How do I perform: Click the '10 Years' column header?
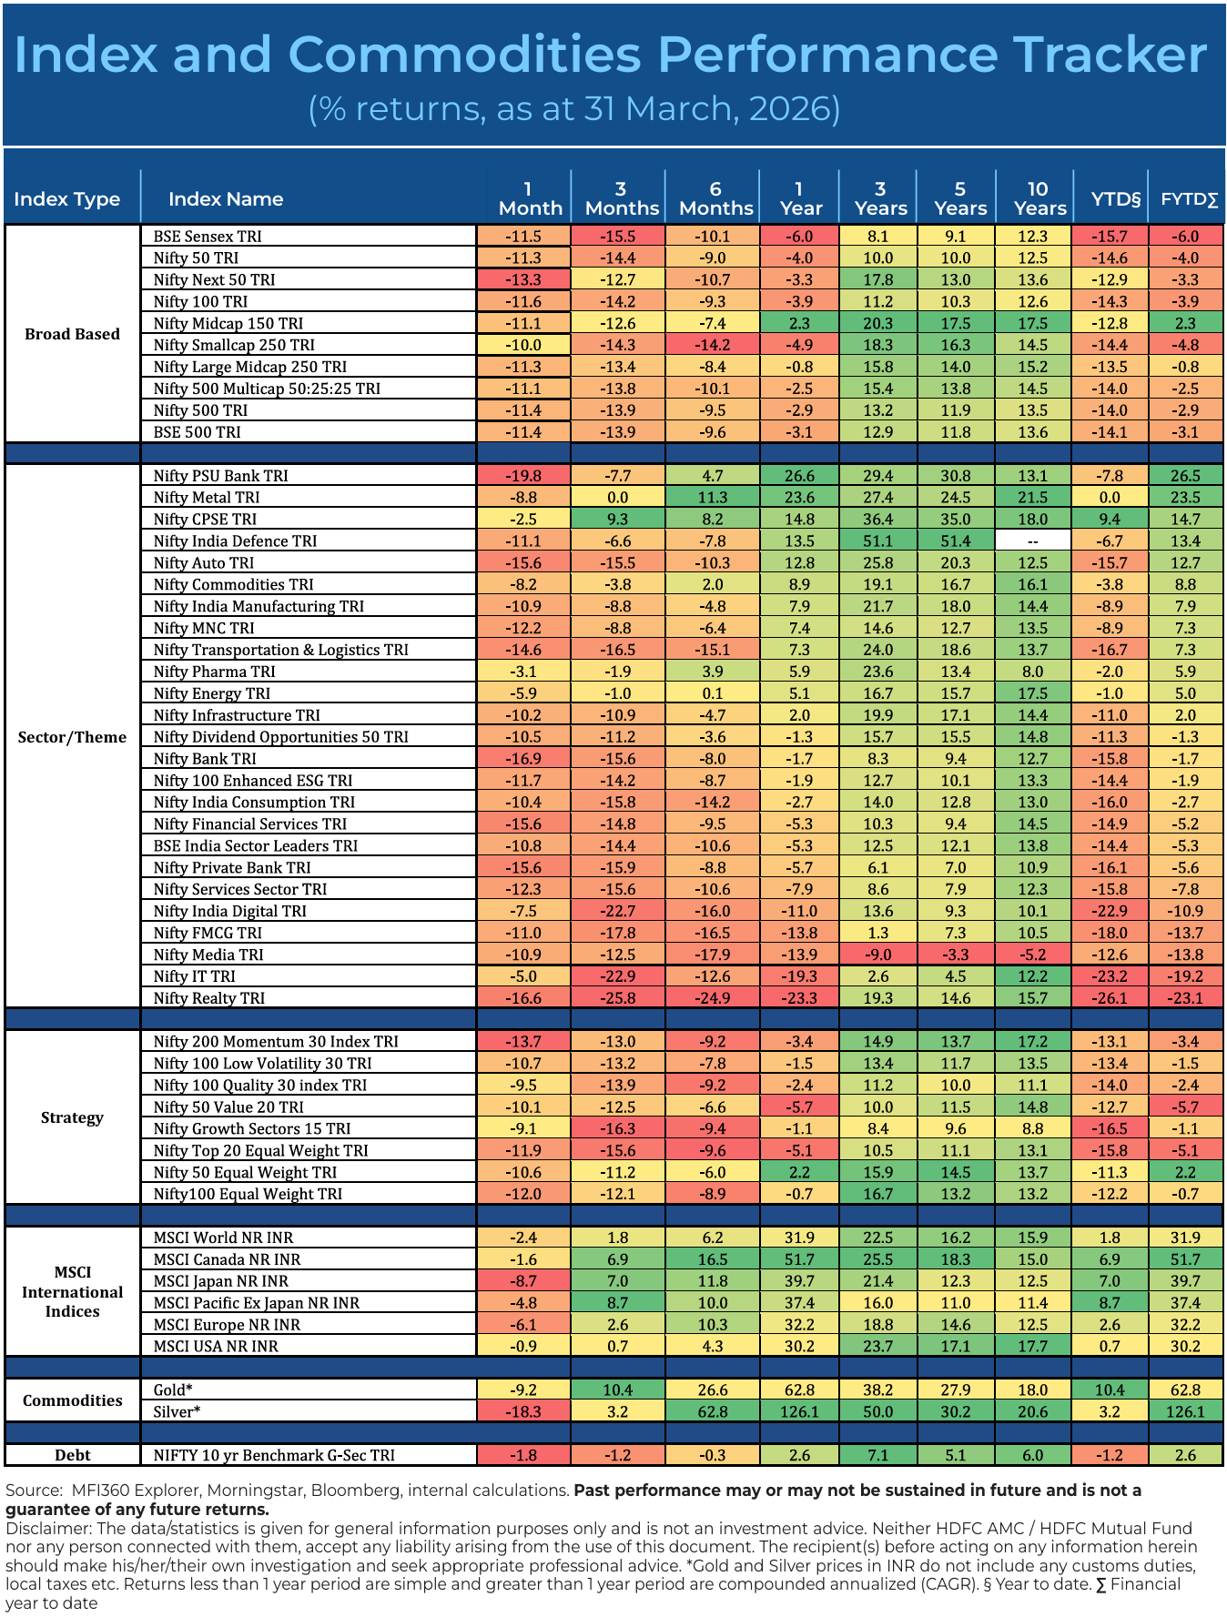1038,198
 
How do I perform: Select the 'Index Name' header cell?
226,199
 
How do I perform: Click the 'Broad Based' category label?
73,334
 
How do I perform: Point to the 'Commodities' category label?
73,1400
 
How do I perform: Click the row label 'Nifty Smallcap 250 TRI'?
234,345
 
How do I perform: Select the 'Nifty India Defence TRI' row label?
235,541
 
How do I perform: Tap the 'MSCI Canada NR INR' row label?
227,1259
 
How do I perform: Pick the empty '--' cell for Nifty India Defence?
1033,541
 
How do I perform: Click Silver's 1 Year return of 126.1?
798,1412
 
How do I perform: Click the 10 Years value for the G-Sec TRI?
1033,1455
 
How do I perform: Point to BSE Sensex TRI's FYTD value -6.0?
1185,237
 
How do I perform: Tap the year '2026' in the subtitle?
792,109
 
